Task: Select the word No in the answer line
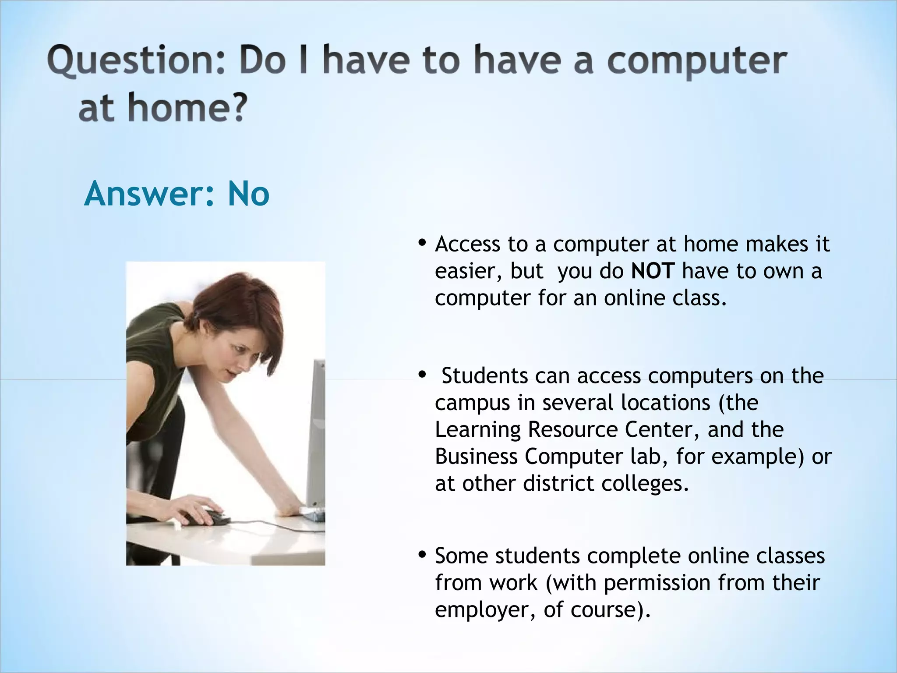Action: coord(248,194)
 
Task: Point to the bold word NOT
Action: coord(653,271)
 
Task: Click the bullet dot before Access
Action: coord(422,243)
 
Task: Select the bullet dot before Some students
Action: coord(422,555)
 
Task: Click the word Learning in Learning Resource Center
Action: coord(477,430)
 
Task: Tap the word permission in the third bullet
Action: coord(657,583)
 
